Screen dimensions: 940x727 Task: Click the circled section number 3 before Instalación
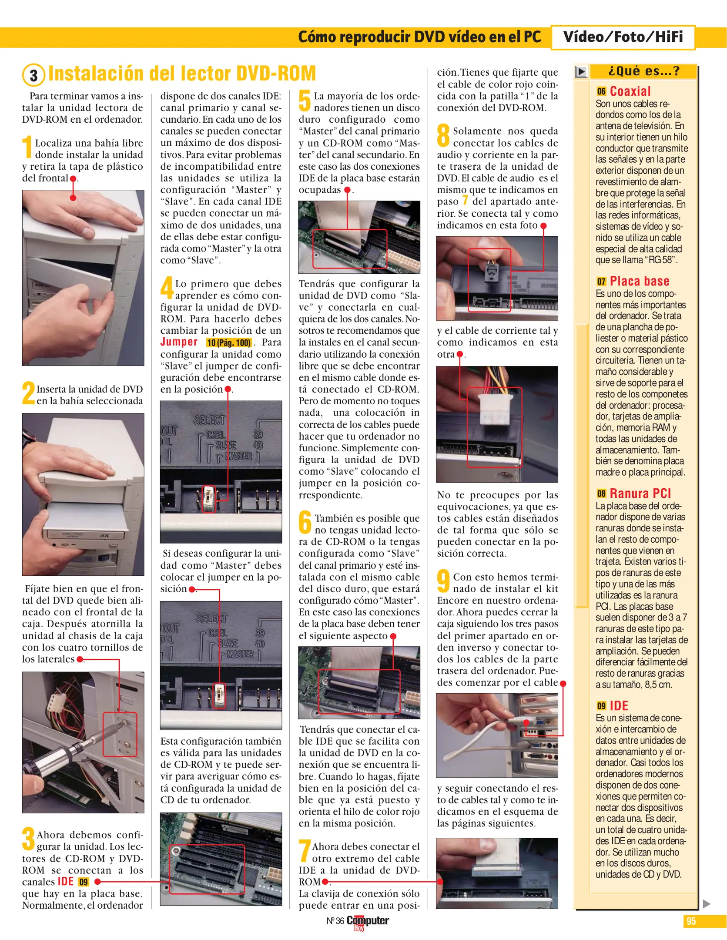click(x=34, y=75)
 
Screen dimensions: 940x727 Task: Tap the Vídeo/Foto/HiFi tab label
click(x=623, y=37)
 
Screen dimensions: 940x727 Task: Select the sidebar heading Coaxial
click(x=630, y=91)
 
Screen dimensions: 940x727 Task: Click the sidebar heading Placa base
click(x=639, y=281)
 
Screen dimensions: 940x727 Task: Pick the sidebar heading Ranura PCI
click(x=640, y=493)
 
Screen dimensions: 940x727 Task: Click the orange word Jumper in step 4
click(x=179, y=342)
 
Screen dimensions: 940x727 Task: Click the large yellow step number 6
click(x=305, y=523)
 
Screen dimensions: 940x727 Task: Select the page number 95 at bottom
click(x=691, y=921)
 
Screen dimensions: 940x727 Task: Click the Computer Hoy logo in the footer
click(x=367, y=922)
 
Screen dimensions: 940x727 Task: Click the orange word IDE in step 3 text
click(x=65, y=882)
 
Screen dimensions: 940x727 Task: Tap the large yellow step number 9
click(x=443, y=582)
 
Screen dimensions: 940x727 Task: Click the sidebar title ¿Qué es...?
click(x=643, y=71)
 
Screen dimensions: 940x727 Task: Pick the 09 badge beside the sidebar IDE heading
click(x=601, y=706)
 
